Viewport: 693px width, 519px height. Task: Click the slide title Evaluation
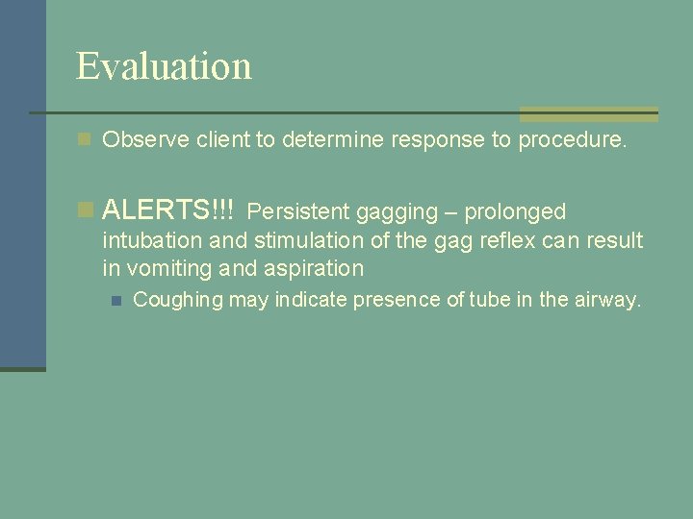(164, 66)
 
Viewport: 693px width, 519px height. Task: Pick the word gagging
(397, 211)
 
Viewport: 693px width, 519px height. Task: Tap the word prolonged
(515, 211)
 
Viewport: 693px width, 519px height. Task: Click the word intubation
(149, 240)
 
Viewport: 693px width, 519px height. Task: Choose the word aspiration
(314, 269)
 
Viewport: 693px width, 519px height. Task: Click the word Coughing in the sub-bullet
(177, 301)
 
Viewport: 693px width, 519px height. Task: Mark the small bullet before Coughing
(116, 301)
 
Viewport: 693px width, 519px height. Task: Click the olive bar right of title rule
(588, 113)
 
